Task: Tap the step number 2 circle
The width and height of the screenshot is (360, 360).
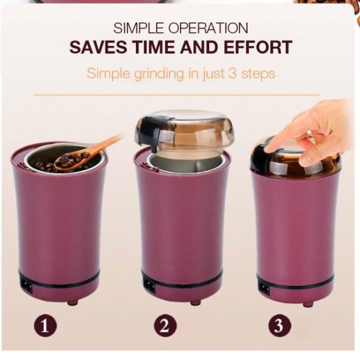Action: [x=164, y=327]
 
